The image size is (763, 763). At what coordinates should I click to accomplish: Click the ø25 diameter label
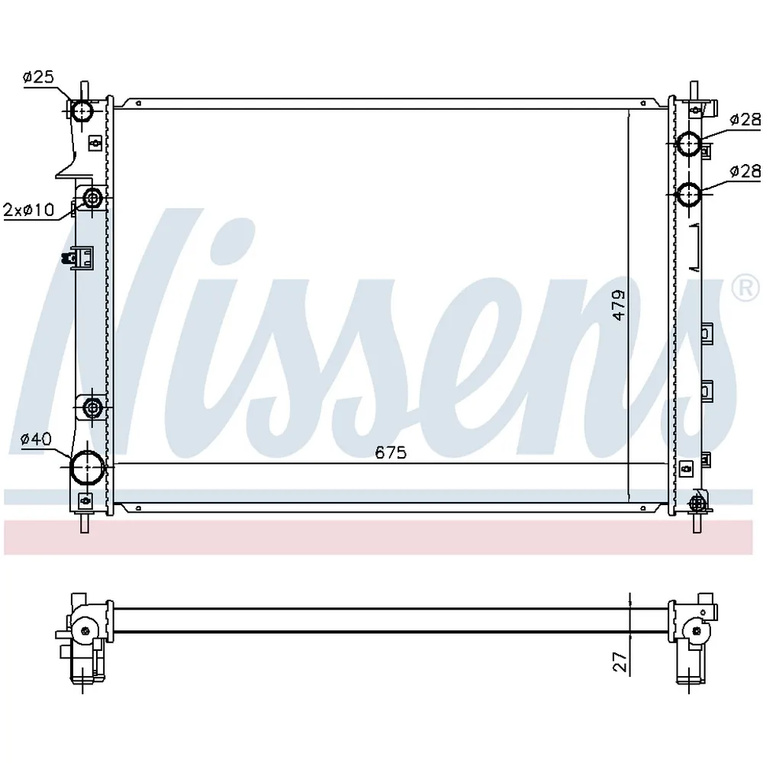pos(38,77)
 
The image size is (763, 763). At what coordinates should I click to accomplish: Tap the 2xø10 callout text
pos(29,210)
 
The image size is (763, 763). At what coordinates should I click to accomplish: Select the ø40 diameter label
pos(36,439)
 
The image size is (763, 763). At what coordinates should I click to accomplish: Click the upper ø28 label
pos(745,120)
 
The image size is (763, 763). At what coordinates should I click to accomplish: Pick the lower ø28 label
pos(745,171)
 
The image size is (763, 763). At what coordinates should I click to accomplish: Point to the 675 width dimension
pos(391,452)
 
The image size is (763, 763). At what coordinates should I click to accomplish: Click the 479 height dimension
pos(619,305)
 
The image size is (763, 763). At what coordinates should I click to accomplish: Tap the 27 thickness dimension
pos(620,662)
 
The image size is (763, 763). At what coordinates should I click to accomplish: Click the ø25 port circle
pos(82,112)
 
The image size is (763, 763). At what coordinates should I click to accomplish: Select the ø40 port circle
pos(88,468)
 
